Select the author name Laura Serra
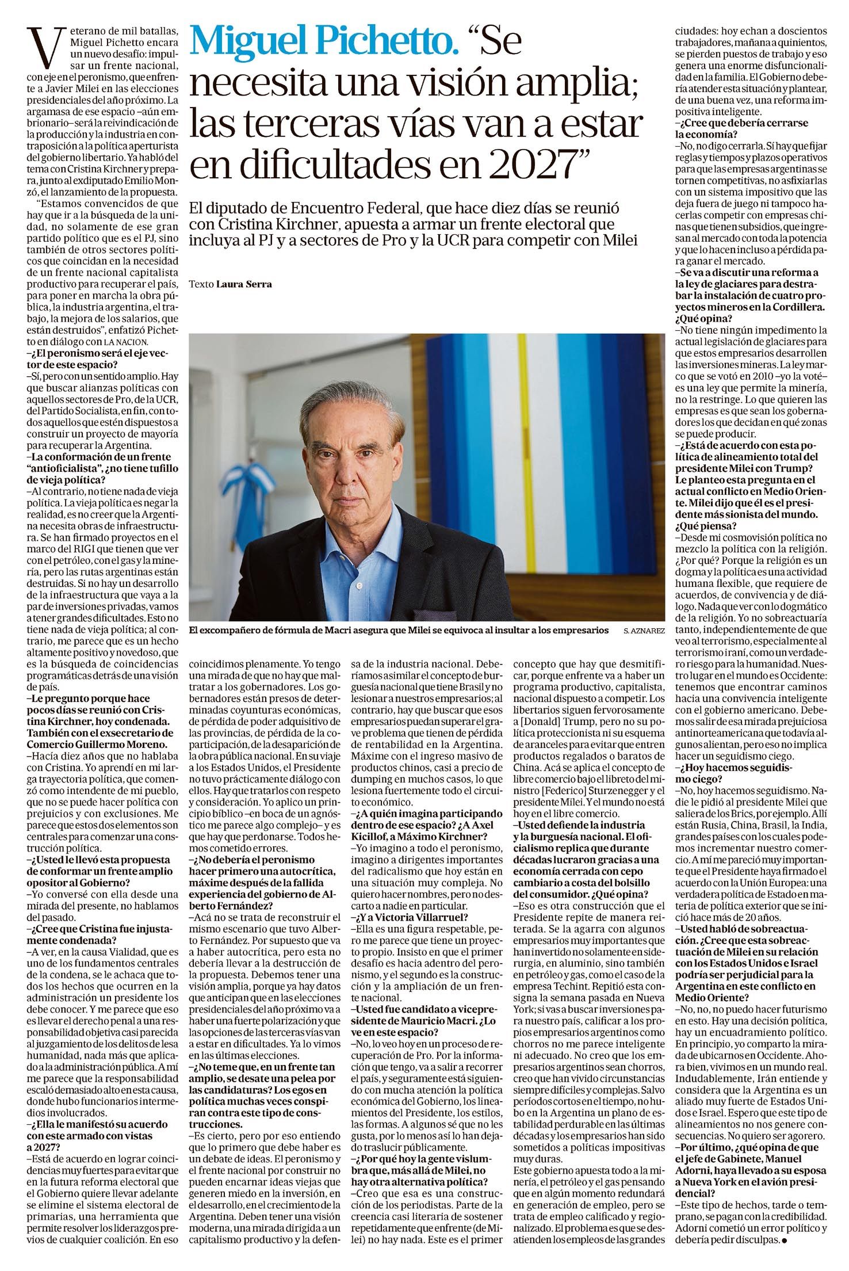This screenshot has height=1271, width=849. (243, 284)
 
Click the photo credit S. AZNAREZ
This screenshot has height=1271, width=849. (644, 631)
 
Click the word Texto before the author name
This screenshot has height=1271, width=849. (201, 284)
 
